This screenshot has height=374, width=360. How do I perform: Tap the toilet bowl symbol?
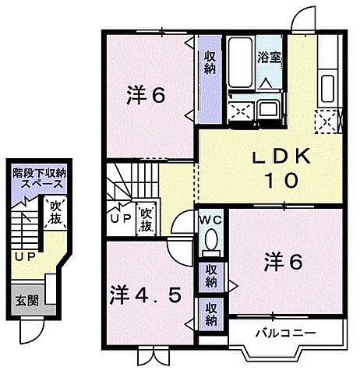pyautogui.click(x=209, y=244)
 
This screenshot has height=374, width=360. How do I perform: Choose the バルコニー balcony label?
pyautogui.click(x=284, y=333)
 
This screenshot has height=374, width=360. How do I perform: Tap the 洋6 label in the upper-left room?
pyautogui.click(x=146, y=97)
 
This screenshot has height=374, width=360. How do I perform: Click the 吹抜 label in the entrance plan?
pyautogui.click(x=55, y=213)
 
